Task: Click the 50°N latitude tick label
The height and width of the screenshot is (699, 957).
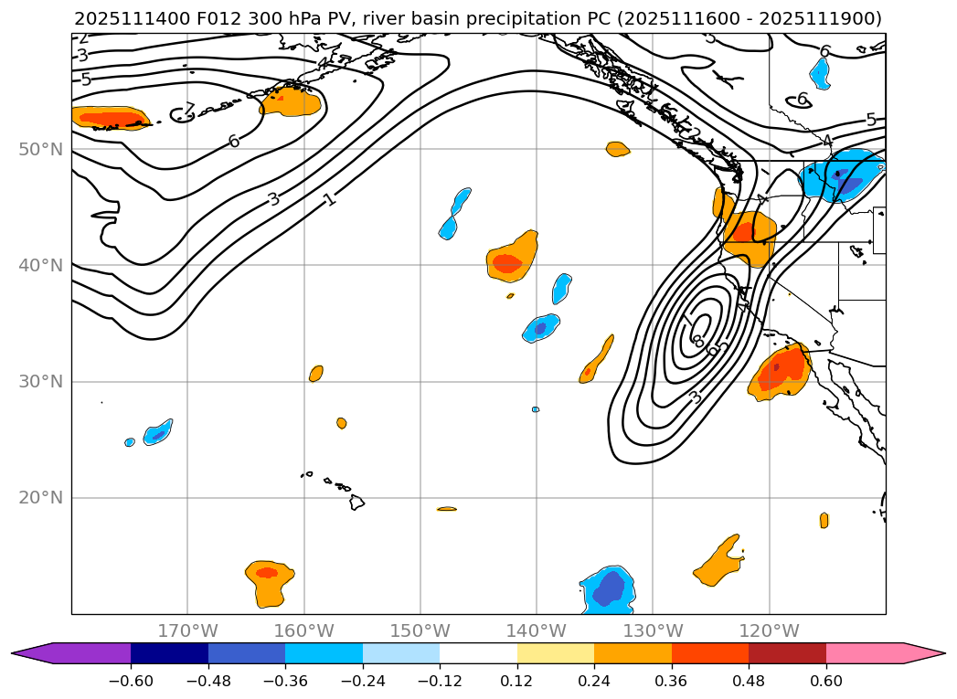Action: coord(40,149)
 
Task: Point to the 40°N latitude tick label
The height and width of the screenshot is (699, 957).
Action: coord(40,265)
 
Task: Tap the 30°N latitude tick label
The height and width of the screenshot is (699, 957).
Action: coord(40,381)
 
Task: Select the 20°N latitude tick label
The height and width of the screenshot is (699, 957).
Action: coord(40,497)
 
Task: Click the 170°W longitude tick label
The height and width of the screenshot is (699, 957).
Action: coord(187,630)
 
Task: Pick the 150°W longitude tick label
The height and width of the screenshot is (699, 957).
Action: coord(420,630)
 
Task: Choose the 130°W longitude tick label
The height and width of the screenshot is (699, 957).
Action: coord(653,630)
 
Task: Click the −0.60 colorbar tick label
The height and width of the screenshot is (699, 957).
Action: coord(131,681)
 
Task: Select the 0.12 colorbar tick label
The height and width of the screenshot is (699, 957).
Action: coord(517,681)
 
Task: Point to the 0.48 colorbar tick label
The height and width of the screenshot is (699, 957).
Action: coord(749,681)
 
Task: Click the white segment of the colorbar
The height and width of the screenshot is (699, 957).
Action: coord(478,653)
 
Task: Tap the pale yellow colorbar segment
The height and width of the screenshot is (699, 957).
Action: coord(556,653)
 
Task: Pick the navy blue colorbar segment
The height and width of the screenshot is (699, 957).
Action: coord(169,653)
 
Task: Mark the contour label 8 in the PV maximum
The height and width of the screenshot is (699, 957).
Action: coord(697,341)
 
